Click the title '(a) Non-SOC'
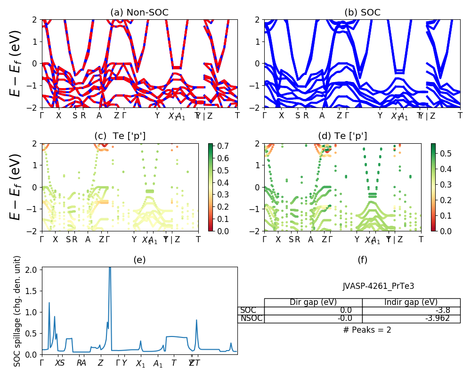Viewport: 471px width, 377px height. pos(139,13)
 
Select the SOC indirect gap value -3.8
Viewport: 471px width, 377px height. pos(442,311)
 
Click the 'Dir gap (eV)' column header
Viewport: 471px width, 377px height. pos(313,303)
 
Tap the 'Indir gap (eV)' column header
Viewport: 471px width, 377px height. pos(411,303)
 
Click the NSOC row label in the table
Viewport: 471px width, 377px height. pos(251,319)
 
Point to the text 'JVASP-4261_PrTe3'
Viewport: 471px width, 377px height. pos(378,286)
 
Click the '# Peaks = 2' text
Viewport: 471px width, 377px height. pos(367,330)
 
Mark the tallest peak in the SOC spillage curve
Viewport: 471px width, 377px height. pos(110,268)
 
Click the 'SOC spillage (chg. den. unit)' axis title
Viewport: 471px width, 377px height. pos(17,311)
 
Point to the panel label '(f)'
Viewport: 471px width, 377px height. pos(362,260)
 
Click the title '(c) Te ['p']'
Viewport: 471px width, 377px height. pos(120,136)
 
